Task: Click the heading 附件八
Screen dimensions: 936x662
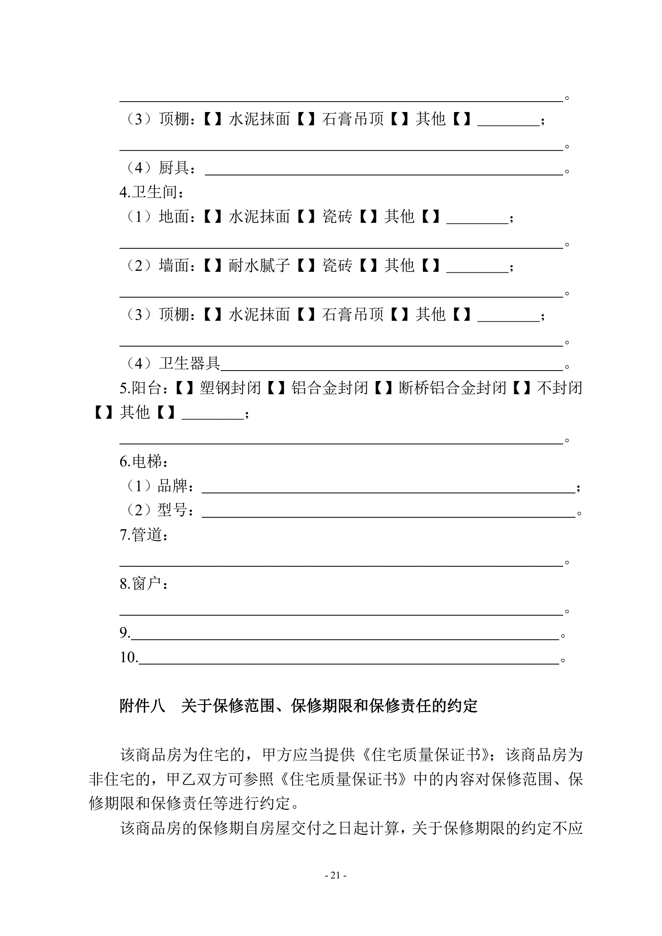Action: pyautogui.click(x=142, y=706)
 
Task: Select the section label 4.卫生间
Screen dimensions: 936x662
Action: pyautogui.click(x=151, y=192)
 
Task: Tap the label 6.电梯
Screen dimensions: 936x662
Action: pyautogui.click(x=144, y=462)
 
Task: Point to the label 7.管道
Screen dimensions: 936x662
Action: pyautogui.click(x=144, y=535)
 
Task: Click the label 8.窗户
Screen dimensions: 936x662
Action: pyautogui.click(x=144, y=584)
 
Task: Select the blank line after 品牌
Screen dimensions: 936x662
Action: pyautogui.click(x=388, y=489)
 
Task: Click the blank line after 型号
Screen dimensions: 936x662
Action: pyautogui.click(x=388, y=514)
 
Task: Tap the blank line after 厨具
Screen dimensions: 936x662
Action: pyautogui.click(x=383, y=171)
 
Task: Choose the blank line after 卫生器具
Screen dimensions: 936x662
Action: pyautogui.click(x=391, y=367)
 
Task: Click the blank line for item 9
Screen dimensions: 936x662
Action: pyautogui.click(x=345, y=636)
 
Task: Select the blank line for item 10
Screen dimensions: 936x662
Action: pyautogui.click(x=349, y=660)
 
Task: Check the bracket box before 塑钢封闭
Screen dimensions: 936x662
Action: pyautogui.click(x=184, y=388)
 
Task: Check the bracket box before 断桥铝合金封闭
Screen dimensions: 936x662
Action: pyautogui.click(x=383, y=388)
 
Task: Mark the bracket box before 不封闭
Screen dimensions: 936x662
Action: pyautogui.click(x=521, y=388)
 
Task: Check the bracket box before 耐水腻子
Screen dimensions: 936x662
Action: pyautogui.click(x=213, y=266)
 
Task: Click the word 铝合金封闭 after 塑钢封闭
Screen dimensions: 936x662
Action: pyautogui.click(x=329, y=388)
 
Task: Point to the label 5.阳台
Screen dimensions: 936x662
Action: pyautogui.click(x=144, y=388)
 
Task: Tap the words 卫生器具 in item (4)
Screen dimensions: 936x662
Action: pyautogui.click(x=189, y=363)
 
